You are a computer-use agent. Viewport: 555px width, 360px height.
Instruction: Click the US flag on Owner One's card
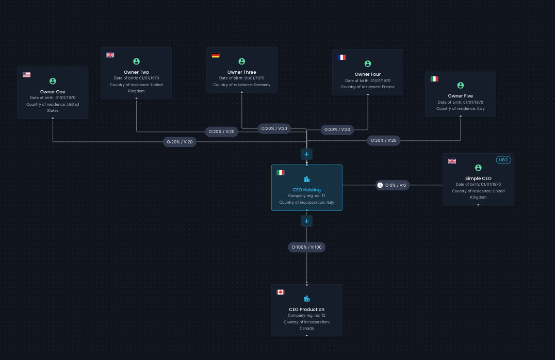(x=26, y=75)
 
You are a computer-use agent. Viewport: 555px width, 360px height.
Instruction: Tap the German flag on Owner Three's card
(x=216, y=55)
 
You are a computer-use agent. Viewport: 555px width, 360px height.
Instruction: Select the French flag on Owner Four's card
(x=341, y=57)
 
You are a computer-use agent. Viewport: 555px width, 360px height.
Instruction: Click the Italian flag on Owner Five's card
(x=434, y=79)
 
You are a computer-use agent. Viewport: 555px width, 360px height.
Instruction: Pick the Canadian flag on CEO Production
(x=280, y=292)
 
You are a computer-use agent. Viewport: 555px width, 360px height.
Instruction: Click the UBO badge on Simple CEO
(x=503, y=160)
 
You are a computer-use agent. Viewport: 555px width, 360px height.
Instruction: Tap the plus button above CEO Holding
(x=306, y=154)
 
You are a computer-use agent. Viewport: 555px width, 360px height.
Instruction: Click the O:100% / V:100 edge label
(x=306, y=247)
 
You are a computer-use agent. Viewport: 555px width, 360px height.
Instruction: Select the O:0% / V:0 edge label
(x=392, y=185)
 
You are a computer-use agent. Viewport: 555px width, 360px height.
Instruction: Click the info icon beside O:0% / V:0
(x=380, y=185)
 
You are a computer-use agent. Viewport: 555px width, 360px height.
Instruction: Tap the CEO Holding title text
(x=306, y=190)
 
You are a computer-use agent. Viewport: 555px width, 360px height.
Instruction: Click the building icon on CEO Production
(x=306, y=299)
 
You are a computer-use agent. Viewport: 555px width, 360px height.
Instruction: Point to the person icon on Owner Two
(x=136, y=61)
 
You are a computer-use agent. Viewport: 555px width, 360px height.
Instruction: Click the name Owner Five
(x=460, y=96)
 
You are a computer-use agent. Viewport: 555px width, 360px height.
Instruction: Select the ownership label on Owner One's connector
(x=179, y=142)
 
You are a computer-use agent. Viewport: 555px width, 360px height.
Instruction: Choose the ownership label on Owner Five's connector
(x=383, y=140)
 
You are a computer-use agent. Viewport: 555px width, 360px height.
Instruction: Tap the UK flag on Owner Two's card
(x=110, y=55)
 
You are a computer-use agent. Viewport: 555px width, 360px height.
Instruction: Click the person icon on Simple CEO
(x=478, y=168)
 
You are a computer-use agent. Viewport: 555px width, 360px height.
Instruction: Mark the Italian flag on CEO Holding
(x=280, y=173)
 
